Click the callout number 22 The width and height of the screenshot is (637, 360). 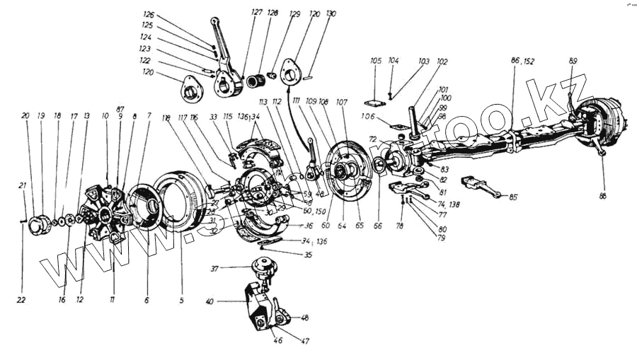pos(23,300)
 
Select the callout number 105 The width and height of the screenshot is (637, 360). pos(375,62)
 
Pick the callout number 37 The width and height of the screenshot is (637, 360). pos(214,269)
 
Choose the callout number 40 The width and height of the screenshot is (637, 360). pos(210,301)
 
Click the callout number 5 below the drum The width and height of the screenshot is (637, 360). pos(181,300)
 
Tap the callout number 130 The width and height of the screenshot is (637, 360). pos(332,13)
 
